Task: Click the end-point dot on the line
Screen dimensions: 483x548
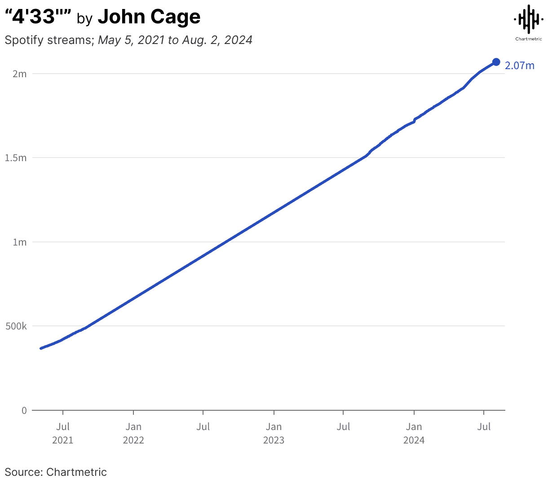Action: pyautogui.click(x=496, y=62)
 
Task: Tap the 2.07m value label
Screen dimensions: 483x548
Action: pyautogui.click(x=520, y=66)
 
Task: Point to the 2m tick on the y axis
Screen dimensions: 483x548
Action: pyautogui.click(x=20, y=74)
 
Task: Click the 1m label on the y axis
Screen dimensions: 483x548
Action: pyautogui.click(x=20, y=242)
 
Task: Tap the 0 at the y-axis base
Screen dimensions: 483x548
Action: pyautogui.click(x=24, y=410)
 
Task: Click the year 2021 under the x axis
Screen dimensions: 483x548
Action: pyautogui.click(x=63, y=440)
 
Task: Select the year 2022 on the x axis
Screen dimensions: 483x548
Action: pyautogui.click(x=133, y=440)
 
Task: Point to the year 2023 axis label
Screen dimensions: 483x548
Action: pyautogui.click(x=274, y=440)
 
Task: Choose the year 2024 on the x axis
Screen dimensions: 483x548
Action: pyautogui.click(x=414, y=440)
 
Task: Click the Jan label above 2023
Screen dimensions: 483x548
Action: pyautogui.click(x=274, y=426)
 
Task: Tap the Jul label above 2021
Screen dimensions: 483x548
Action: pyautogui.click(x=63, y=426)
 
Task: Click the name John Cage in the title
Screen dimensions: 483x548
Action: pyautogui.click(x=149, y=17)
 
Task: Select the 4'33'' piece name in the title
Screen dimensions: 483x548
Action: pyautogui.click(x=38, y=17)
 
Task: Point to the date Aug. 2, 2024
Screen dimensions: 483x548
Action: pyautogui.click(x=217, y=40)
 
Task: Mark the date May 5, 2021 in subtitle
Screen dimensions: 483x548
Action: pyautogui.click(x=132, y=40)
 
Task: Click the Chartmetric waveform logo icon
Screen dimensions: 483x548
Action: pyautogui.click(x=529, y=19)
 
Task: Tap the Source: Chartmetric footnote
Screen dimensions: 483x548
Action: pyautogui.click(x=56, y=472)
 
